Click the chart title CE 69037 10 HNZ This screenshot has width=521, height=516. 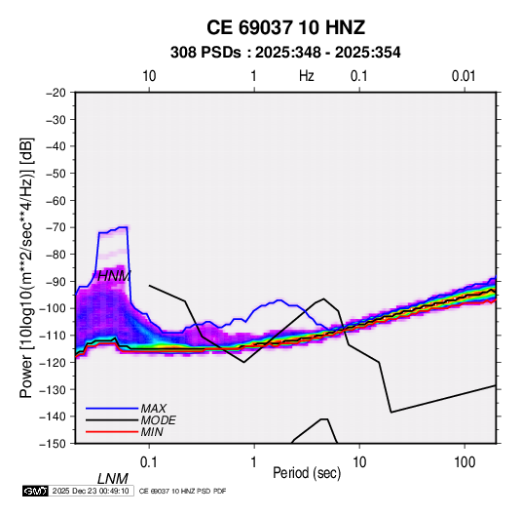tap(285, 27)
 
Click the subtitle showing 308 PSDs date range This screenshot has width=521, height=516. tap(285, 53)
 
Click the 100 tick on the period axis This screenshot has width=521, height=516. tap(465, 462)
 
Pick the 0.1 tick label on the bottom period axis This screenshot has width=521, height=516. tap(149, 462)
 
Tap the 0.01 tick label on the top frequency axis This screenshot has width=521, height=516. tap(464, 76)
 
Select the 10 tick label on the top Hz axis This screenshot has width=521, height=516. tap(149, 76)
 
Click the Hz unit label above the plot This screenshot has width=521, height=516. tap(307, 76)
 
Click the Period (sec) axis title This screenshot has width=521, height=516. tap(307, 473)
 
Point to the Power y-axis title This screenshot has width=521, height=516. tap(26, 268)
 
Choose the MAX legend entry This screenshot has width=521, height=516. tap(153, 408)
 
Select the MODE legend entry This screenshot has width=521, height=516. tap(158, 420)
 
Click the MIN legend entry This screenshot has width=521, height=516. tap(152, 432)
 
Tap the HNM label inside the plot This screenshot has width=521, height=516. tap(114, 276)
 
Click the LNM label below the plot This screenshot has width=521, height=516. tap(113, 479)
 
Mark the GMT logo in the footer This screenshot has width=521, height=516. tap(35, 491)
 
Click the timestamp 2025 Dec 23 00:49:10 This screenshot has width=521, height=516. tap(91, 491)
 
